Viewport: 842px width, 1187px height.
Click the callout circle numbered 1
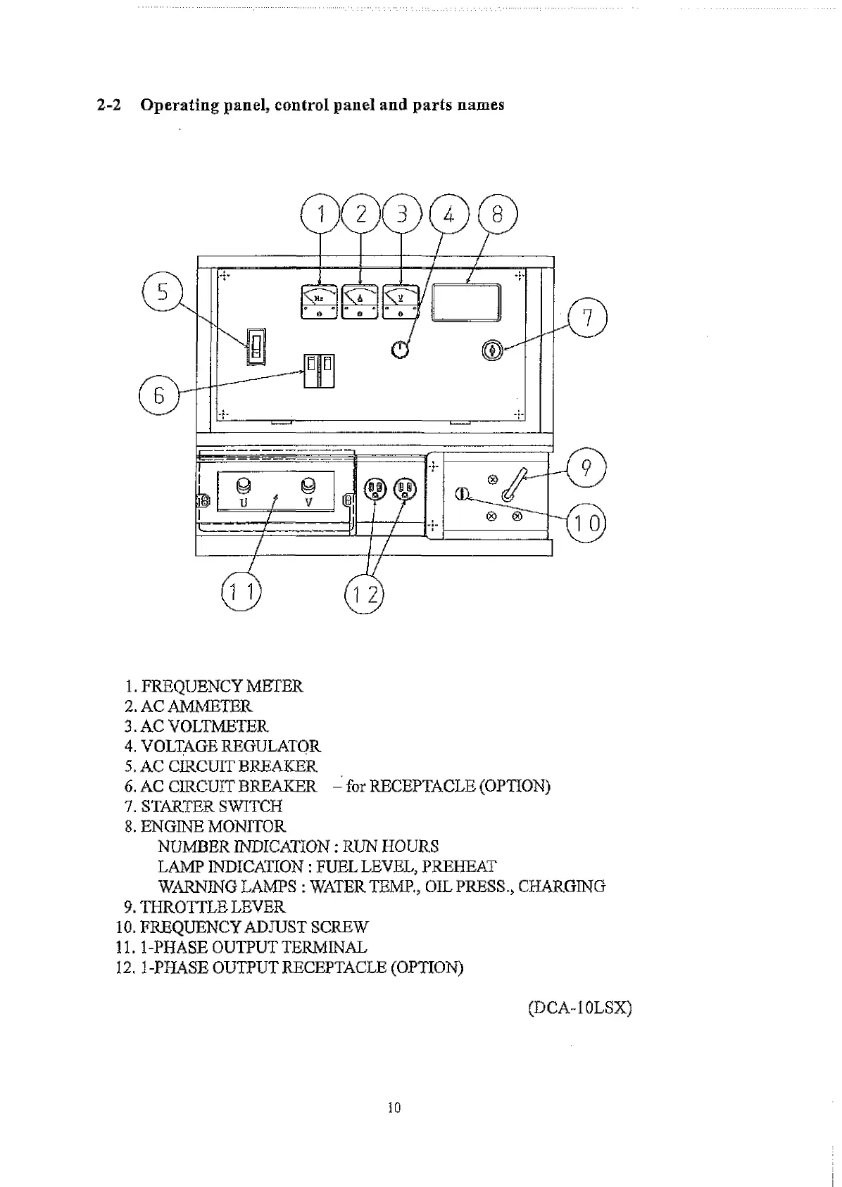[x=321, y=213]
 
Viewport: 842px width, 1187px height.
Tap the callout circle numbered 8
[x=498, y=213]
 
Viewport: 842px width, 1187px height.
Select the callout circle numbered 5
[x=163, y=291]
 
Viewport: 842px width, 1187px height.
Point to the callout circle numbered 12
[x=365, y=595]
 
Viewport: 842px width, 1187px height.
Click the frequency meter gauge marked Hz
[x=320, y=301]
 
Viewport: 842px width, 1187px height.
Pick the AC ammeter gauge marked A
[x=360, y=301]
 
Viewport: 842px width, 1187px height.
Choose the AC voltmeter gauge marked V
[x=401, y=301]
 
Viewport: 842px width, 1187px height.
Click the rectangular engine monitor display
[x=467, y=303]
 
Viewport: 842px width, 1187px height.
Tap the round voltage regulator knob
[x=400, y=348]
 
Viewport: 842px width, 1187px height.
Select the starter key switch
[x=493, y=350]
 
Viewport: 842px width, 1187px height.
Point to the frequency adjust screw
[x=462, y=494]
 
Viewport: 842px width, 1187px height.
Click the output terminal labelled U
[x=244, y=487]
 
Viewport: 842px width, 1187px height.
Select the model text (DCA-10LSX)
[x=579, y=1008]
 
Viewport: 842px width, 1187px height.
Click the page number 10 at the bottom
[x=394, y=1107]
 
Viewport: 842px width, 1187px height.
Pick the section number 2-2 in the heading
[x=109, y=105]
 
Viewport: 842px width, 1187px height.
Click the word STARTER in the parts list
[x=176, y=806]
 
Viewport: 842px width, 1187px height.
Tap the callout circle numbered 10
[x=586, y=523]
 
